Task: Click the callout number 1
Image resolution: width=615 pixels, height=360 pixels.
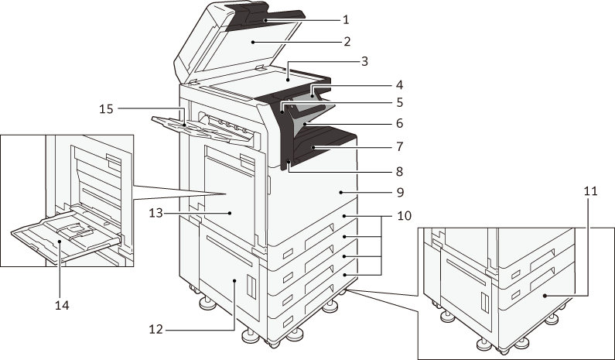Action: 346,19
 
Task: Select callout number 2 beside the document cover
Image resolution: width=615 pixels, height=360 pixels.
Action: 347,41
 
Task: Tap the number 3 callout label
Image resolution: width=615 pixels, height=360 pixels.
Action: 364,61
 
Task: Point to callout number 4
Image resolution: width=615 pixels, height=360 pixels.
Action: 399,85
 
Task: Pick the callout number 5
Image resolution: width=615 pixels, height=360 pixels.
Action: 399,102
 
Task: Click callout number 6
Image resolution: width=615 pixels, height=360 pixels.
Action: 399,123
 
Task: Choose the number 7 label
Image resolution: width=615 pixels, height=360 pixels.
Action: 399,146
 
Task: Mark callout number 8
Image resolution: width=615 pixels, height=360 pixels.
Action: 399,171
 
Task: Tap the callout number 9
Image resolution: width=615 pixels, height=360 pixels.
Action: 400,192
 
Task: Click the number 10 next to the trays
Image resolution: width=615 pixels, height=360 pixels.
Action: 405,215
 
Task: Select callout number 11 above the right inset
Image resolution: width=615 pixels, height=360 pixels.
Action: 590,191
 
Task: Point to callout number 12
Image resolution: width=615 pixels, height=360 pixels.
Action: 155,329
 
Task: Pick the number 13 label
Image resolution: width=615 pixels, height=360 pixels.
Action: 155,213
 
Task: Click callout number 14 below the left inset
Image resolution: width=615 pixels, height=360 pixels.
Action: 62,305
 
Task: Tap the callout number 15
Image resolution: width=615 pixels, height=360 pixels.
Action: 106,108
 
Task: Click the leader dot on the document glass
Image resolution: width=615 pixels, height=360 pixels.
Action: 288,80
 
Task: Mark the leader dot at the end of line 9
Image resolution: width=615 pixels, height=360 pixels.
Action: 341,192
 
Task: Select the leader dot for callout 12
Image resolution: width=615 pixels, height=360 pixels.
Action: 234,281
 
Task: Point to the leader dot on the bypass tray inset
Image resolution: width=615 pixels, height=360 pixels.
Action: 60,242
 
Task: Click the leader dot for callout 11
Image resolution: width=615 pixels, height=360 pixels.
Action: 545,295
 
